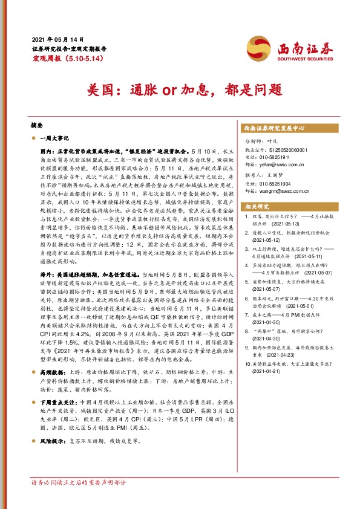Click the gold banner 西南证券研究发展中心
pyautogui.click(x=274, y=129)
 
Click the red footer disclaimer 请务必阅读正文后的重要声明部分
pyautogui.click(x=79, y=482)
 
